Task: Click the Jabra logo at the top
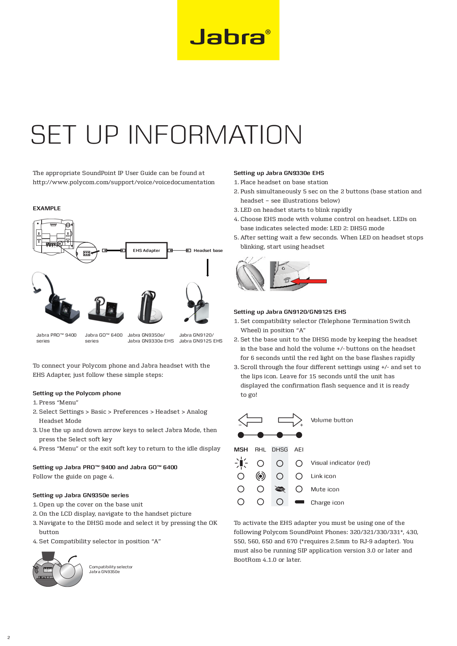coord(228,36)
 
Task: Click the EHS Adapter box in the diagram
coord(147,250)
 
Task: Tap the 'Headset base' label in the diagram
coord(208,250)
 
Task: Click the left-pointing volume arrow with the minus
coord(250,420)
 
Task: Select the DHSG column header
coord(280,450)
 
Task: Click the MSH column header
coord(241,450)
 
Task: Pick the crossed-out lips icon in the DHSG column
coord(280,489)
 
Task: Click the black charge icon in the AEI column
coord(299,502)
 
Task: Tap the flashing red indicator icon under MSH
coord(241,463)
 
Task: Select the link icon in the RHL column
coord(260,476)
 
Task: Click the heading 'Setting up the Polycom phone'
coord(77,393)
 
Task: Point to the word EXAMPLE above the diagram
coord(47,208)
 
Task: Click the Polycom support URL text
coord(123,182)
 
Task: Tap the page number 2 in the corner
coord(8,638)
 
